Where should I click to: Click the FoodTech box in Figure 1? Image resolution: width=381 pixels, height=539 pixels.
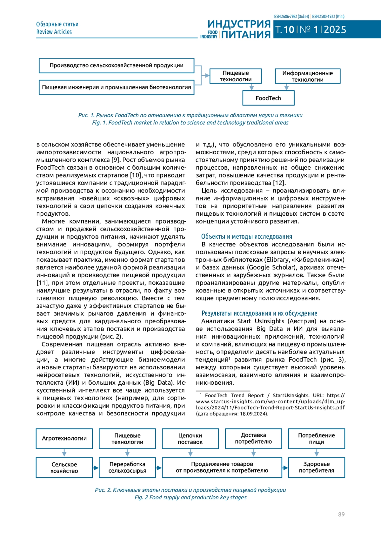pos(268,98)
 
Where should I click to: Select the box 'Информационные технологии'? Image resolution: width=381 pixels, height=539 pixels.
pos(307,76)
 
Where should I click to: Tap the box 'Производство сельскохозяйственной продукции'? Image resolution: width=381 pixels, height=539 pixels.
pos(116,65)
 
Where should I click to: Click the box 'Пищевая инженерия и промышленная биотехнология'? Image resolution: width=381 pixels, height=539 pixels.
pos(116,87)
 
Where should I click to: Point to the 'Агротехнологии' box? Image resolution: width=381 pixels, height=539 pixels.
pos(64,438)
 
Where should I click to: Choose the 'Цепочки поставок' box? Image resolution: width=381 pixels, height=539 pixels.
pos(190,439)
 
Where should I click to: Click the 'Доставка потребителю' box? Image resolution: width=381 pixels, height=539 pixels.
pos(253,438)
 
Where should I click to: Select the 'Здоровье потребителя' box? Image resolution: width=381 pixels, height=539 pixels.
pos(316,467)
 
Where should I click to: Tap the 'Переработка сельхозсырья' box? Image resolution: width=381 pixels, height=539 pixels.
pos(127,467)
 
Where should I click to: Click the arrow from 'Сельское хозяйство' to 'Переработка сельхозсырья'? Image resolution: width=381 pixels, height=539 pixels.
pos(96,468)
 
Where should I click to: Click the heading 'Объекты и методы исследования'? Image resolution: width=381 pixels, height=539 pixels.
pos(246,237)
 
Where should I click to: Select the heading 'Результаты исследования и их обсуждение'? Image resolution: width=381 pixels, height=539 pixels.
pos(259,313)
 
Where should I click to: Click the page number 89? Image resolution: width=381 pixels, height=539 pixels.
pos(341,514)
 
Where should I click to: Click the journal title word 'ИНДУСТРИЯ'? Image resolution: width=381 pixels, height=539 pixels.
pos(239,24)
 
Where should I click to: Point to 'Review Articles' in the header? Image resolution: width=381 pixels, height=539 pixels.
pos(54,32)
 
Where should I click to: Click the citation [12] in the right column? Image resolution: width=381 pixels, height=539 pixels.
pos(279,183)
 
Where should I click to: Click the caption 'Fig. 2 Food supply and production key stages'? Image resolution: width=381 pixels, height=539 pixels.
pos(190,497)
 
